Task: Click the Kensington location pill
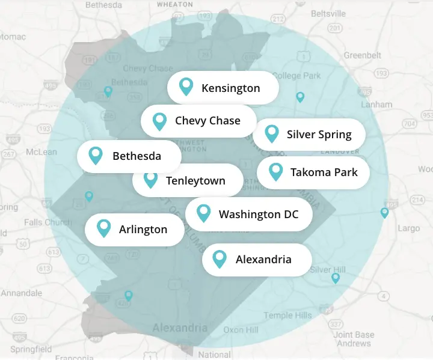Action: tap(223, 88)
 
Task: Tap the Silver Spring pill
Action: tap(309, 134)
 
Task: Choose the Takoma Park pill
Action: tap(313, 172)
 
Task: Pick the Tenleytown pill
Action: tap(188, 180)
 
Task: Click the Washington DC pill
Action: tap(249, 214)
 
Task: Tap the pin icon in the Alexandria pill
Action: tap(220, 259)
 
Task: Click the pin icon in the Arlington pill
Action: tap(104, 228)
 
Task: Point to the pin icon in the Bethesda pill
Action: tap(95, 156)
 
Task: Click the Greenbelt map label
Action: tap(362, 55)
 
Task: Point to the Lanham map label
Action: tap(376, 104)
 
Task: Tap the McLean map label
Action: tap(41, 152)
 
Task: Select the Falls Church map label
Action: tap(48, 222)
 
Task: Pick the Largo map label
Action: tap(409, 228)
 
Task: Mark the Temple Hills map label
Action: tap(287, 316)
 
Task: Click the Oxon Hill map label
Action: tap(241, 330)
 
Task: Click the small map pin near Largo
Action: tap(385, 213)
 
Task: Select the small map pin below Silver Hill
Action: tap(336, 278)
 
